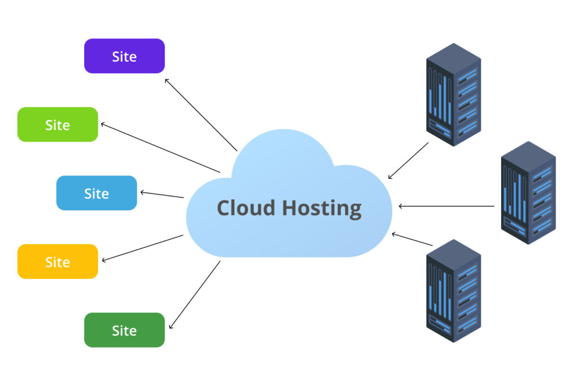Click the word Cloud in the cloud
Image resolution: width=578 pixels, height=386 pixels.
pyautogui.click(x=246, y=208)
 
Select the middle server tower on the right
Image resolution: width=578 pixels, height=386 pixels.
pyautogui.click(x=528, y=192)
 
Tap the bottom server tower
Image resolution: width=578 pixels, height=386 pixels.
pyautogui.click(x=453, y=290)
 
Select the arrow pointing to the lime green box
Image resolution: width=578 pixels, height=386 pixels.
pyautogui.click(x=160, y=147)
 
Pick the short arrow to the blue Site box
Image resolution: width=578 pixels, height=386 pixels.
pyautogui.click(x=162, y=195)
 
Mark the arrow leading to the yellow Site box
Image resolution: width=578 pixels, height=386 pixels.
pyautogui.click(x=143, y=248)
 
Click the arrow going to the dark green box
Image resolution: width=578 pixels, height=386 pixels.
pyautogui.click(x=195, y=295)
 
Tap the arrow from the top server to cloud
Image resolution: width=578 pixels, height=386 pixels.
pyautogui.click(x=408, y=161)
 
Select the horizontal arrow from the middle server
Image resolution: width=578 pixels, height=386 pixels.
pyautogui.click(x=446, y=206)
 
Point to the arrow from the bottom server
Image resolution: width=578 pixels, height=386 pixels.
pyautogui.click(x=412, y=239)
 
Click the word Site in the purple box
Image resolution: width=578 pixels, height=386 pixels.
pyautogui.click(x=124, y=56)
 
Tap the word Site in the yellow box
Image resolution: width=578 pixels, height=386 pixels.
pyautogui.click(x=58, y=262)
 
